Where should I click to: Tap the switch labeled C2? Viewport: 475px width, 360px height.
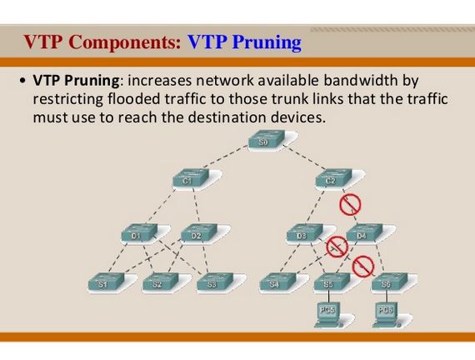[x=330, y=178]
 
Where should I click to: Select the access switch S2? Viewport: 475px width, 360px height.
[x=157, y=283]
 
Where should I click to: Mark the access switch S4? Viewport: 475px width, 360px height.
[x=275, y=283]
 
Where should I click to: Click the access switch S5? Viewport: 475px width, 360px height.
[x=329, y=283]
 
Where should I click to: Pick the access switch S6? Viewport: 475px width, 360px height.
[x=386, y=283]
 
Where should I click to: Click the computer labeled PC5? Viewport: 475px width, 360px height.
[x=327, y=315]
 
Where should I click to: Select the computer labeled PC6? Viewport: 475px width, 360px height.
[x=384, y=315]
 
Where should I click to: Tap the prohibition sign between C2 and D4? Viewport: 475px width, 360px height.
[x=349, y=204]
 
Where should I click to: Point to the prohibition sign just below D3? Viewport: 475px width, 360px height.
[x=336, y=247]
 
